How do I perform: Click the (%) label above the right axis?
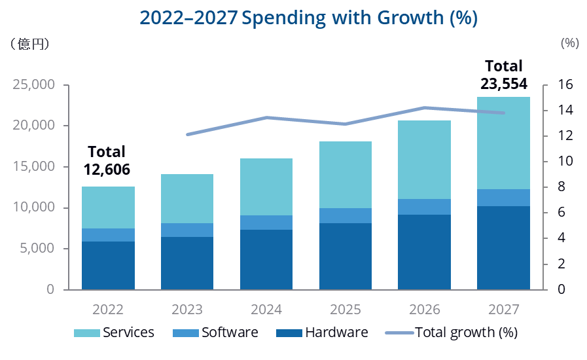click(570, 43)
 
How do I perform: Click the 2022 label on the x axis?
click(108, 309)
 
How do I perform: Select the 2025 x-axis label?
click(346, 309)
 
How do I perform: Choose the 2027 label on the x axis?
click(503, 309)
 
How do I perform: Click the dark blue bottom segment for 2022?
click(108, 265)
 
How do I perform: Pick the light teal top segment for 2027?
click(503, 143)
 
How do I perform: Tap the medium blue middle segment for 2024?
click(266, 223)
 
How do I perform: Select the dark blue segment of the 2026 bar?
click(425, 252)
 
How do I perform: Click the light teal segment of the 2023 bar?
click(187, 198)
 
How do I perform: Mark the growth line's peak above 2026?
click(425, 107)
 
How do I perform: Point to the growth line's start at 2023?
click(187, 134)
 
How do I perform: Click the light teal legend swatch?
click(86, 333)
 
